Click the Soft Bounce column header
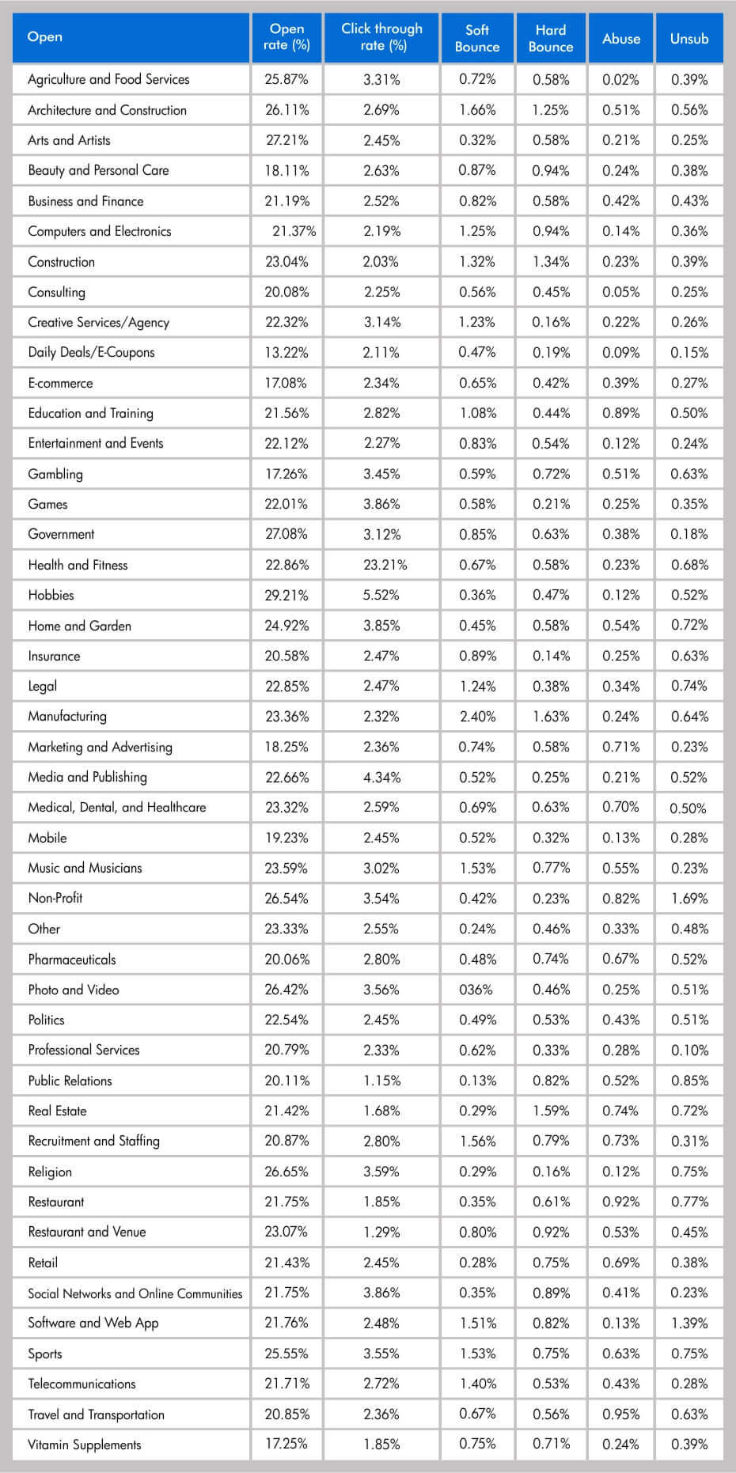pos(477,38)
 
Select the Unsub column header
pos(689,38)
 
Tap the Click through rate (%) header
pos(381,37)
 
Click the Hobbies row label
pos(51,595)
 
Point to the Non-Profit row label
pos(55,898)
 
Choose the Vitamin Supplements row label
pos(85,1445)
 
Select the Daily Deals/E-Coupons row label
pos(91,352)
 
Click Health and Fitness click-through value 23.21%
pos(382,565)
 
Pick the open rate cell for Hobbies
pos(286,595)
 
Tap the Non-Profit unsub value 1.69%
pos(689,899)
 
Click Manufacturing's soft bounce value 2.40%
pos(477,717)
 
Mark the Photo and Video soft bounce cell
pos(477,990)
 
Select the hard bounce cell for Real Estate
pos(551,1111)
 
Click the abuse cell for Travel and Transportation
pos(621,1414)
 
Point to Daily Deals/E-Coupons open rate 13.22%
pos(286,353)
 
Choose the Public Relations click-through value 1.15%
pos(382,1081)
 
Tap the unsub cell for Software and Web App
pos(689,1323)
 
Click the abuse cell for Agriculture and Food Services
pos(621,80)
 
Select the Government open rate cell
pos(286,534)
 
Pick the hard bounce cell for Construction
pos(551,262)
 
